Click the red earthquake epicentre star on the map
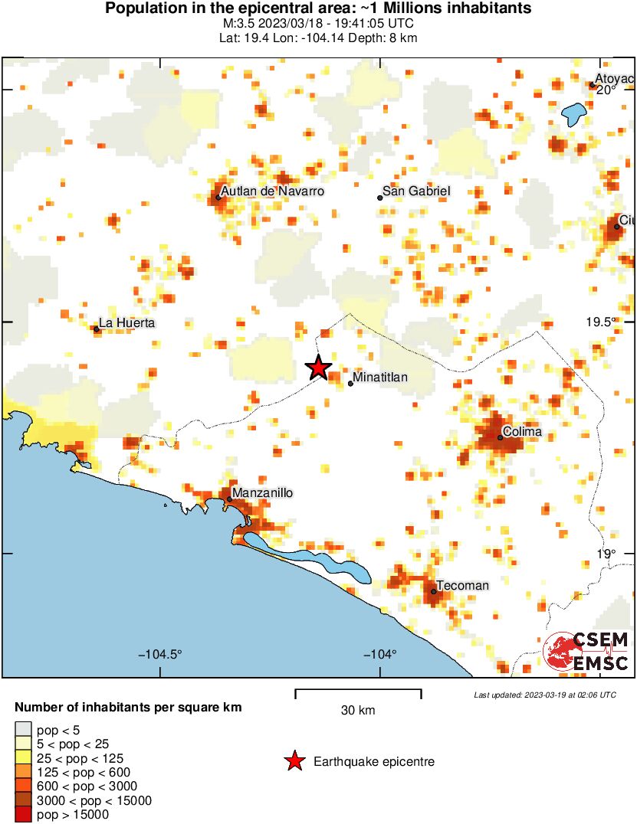[318, 368]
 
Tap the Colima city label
[522, 432]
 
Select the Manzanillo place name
[262, 493]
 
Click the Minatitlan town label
[380, 378]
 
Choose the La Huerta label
[127, 323]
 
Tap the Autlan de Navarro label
[272, 191]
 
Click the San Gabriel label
[416, 191]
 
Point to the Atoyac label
[615, 79]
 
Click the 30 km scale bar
[358, 694]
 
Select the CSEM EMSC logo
[586, 651]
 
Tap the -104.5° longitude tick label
[160, 654]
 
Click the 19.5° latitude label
[600, 322]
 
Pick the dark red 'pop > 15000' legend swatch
[24, 815]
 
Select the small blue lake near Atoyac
[573, 114]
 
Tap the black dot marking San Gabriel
[379, 198]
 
